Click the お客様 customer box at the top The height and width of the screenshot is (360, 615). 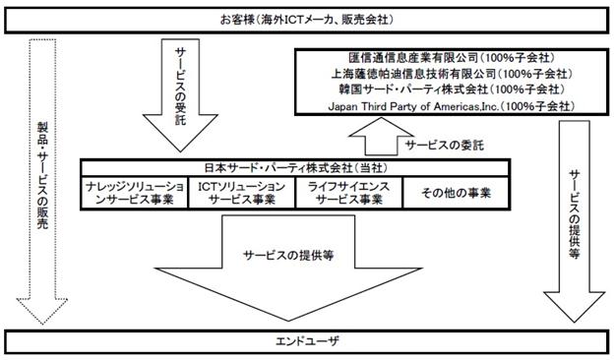(x=307, y=20)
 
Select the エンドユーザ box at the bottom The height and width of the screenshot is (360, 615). (x=307, y=342)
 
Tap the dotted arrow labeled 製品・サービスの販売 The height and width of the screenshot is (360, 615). (x=42, y=180)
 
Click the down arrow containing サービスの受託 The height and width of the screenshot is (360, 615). (x=180, y=94)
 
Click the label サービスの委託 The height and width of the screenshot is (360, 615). (x=445, y=146)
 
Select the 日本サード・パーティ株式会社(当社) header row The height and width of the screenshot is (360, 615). (x=295, y=168)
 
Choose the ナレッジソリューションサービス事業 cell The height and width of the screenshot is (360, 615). (x=135, y=193)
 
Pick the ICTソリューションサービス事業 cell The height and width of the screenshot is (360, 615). (x=242, y=193)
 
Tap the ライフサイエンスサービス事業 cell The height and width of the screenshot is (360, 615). (x=348, y=193)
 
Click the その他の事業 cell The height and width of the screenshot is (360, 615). (x=457, y=193)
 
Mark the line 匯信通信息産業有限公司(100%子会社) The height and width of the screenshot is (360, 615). (x=452, y=58)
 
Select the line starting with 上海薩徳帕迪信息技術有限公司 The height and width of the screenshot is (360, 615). (x=452, y=74)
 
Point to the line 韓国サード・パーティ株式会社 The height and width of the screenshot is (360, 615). (x=452, y=90)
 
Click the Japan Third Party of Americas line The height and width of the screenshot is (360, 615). (x=452, y=106)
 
